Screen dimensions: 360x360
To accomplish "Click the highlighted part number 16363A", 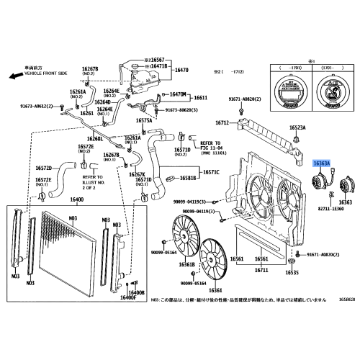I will [320, 164].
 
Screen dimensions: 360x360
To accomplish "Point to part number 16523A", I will [298, 127].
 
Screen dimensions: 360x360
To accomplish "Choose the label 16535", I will [291, 274].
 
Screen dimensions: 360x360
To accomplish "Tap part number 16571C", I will [211, 172].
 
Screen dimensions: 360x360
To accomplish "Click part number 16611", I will [201, 98].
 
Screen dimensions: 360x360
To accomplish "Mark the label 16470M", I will [177, 94].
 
